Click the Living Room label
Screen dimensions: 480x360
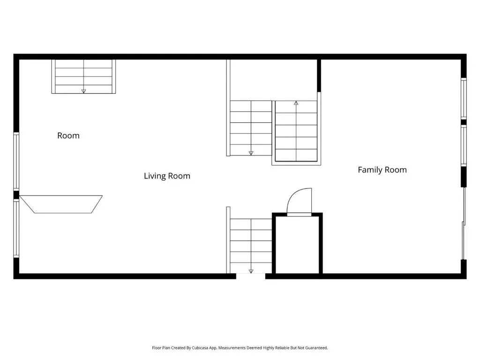tap(167, 176)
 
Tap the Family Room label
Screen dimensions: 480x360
tap(382, 170)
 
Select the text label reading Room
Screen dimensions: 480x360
tap(68, 135)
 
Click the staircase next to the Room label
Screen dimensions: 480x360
tap(83, 76)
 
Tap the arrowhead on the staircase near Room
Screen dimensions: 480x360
tap(83, 91)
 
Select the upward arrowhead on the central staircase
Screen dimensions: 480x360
tap(296, 103)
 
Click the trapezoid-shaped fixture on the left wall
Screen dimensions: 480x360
tap(60, 204)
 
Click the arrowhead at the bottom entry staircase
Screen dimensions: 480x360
tap(251, 271)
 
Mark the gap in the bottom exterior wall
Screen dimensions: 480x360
tap(251, 277)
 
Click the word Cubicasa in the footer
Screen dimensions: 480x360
tap(200, 348)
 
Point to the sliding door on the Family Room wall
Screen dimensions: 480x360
tap(464, 224)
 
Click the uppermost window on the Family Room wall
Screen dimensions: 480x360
tap(464, 98)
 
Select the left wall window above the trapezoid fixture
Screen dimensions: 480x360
tap(16, 162)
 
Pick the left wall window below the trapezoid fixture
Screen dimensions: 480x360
tap(16, 229)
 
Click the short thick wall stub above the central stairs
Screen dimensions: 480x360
tap(319, 75)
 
